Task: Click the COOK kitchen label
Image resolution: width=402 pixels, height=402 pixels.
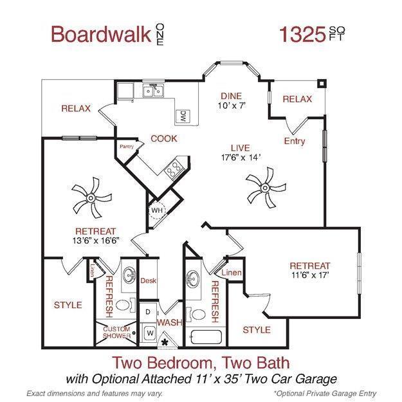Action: point(163,138)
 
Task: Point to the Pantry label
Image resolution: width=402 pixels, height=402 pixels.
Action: point(126,147)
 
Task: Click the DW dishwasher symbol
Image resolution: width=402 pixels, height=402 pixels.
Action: point(184,116)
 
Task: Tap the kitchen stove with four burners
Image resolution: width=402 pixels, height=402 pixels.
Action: point(173,170)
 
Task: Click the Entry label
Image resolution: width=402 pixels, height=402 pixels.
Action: point(294,142)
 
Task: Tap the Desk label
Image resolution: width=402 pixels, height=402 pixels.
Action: point(149,280)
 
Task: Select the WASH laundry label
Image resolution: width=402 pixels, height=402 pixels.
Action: point(169,322)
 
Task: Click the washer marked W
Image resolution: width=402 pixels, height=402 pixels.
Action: point(150,333)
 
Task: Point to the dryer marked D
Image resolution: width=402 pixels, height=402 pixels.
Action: point(149,312)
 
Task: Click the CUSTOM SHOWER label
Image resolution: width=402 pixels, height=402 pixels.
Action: point(116,332)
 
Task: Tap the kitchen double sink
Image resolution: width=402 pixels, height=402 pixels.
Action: point(152,91)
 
